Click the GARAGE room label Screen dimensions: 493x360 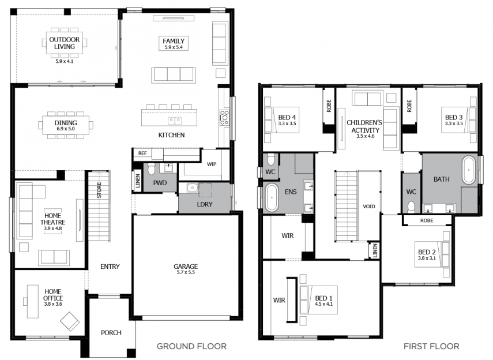click(x=186, y=267)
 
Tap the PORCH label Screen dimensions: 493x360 click(x=111, y=333)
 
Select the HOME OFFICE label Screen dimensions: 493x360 click(x=53, y=295)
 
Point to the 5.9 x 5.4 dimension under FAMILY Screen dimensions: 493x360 click(x=174, y=47)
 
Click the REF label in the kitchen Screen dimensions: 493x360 click(x=142, y=153)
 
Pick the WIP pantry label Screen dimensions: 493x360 click(x=212, y=164)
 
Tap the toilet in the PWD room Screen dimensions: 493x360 click(x=151, y=169)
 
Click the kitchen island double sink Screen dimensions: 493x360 click(x=175, y=121)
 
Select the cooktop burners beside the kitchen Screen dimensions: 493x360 click(x=225, y=118)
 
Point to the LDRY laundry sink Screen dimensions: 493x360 click(x=191, y=188)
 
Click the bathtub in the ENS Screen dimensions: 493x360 click(x=272, y=198)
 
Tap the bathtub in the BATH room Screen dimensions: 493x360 click(x=469, y=170)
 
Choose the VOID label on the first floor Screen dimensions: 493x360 click(x=369, y=207)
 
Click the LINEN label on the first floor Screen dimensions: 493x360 click(x=375, y=251)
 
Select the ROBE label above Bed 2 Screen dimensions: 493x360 click(x=427, y=220)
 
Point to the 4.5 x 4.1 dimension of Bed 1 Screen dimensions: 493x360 click(x=323, y=304)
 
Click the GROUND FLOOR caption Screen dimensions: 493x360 click(x=191, y=347)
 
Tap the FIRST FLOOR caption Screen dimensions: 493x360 click(x=431, y=347)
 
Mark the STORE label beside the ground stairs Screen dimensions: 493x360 click(x=99, y=190)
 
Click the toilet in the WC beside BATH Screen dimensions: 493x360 click(x=411, y=207)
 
